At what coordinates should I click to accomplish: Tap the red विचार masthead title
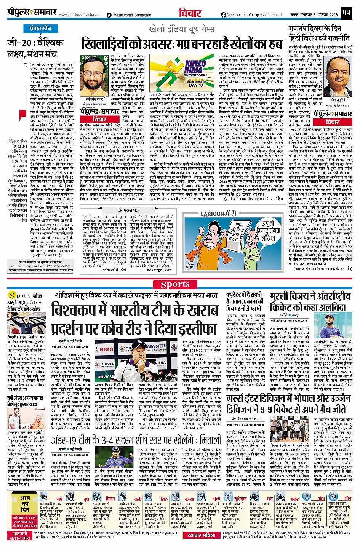point(190,13)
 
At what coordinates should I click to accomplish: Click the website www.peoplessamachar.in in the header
point(79,15)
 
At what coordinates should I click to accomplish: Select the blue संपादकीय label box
point(40,29)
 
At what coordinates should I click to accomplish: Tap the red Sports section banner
point(175,284)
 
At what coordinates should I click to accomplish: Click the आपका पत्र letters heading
point(128,210)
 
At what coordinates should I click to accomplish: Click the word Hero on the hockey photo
point(106,349)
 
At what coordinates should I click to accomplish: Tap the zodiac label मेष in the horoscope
point(59,498)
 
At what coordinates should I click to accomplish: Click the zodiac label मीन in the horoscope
point(348,498)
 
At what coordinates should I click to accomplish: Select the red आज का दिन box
point(25,504)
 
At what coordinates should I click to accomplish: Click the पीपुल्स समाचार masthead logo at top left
point(32,13)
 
